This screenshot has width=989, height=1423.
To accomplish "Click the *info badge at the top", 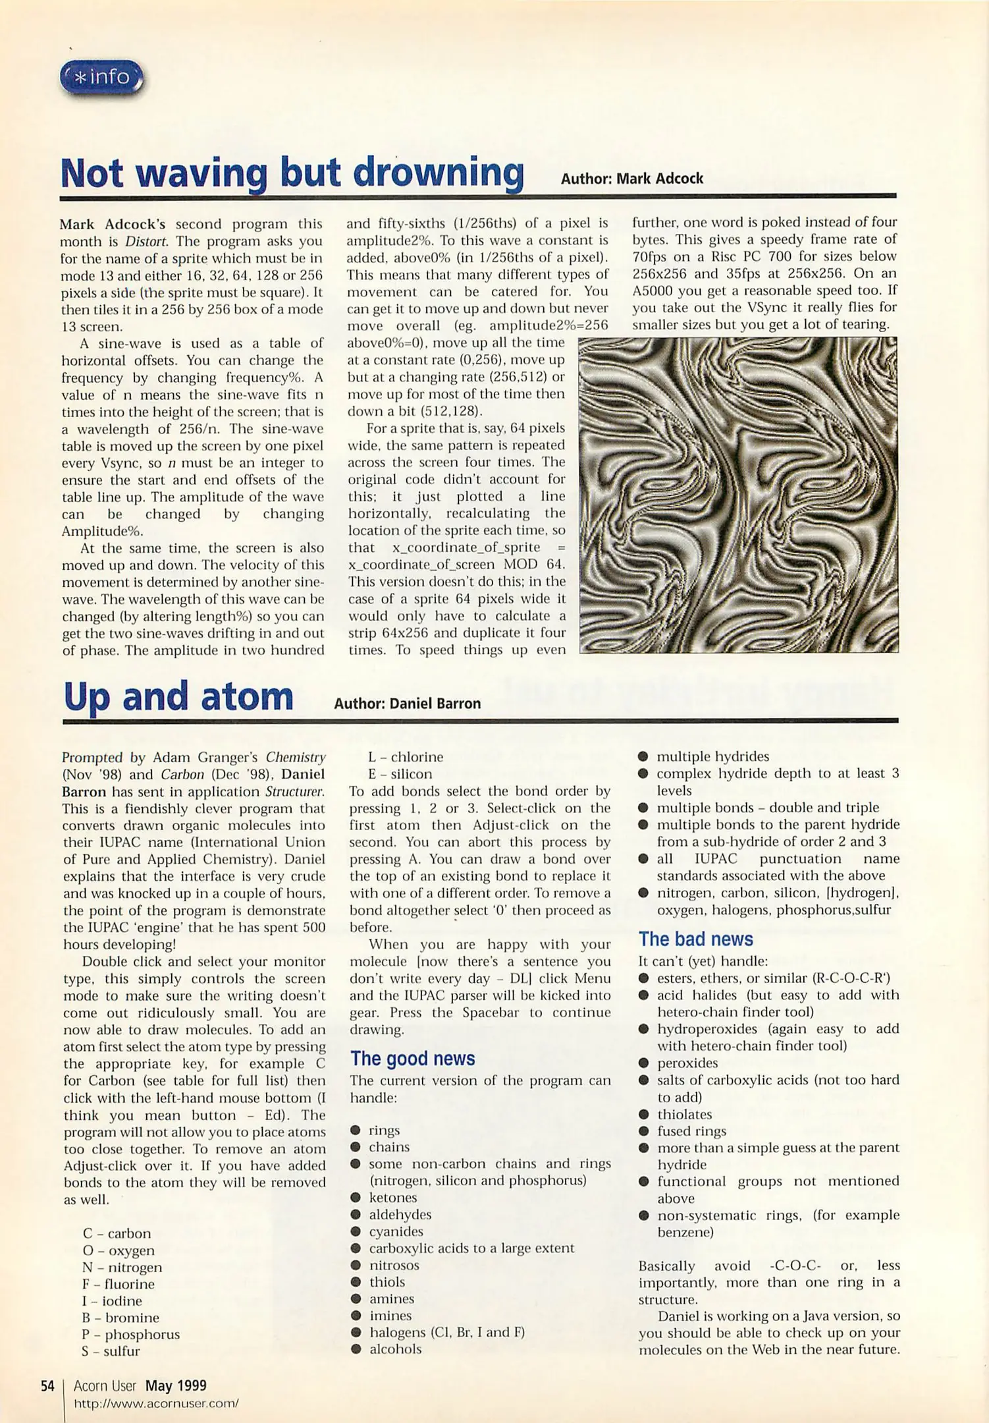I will point(102,78).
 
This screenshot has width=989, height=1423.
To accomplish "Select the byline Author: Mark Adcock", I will point(631,179).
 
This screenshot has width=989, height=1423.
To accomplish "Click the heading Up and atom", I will point(178,697).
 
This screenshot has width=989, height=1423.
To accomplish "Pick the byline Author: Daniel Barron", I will point(407,704).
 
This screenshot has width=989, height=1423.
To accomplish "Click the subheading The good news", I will point(412,1058).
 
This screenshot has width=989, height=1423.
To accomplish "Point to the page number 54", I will point(47,1386).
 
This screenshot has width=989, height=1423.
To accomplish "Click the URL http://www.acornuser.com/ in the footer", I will point(156,1403).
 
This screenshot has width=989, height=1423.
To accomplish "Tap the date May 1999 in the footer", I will point(176,1386).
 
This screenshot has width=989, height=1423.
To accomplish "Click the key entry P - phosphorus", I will point(131,1334).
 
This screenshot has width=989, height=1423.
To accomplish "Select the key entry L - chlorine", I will point(406,757).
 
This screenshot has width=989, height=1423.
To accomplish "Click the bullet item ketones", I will point(392,1198).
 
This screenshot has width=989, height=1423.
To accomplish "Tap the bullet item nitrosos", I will point(394,1265).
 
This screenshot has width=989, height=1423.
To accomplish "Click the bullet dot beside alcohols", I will point(356,1349).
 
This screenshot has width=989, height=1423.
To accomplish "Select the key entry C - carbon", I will point(117,1233).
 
